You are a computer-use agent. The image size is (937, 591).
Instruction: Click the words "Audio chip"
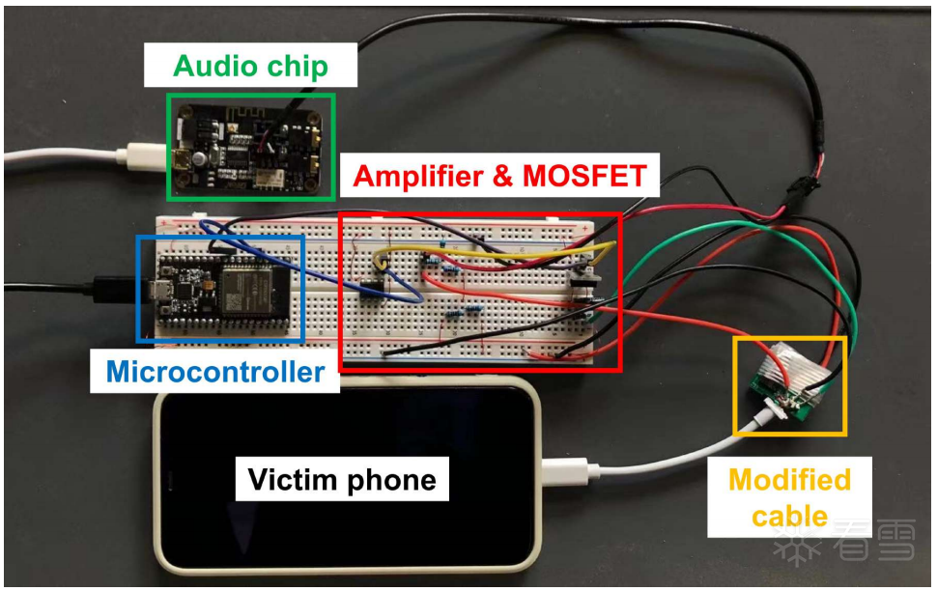(250, 66)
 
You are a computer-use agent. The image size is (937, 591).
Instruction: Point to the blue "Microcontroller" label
(214, 371)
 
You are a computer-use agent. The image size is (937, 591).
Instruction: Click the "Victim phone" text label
(342, 479)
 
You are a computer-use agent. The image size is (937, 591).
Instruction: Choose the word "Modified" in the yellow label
(788, 480)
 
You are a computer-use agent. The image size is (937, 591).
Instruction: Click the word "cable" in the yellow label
(788, 515)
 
